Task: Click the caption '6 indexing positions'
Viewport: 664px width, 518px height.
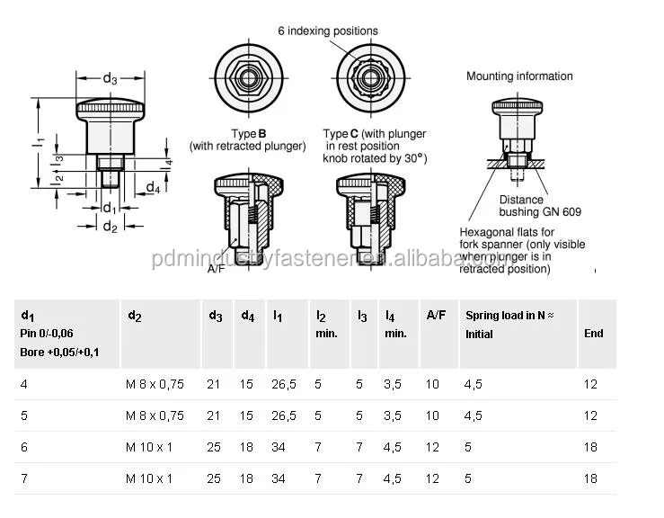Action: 327,31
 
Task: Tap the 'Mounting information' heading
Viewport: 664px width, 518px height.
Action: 519,76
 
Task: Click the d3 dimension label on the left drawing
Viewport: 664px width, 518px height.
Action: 110,79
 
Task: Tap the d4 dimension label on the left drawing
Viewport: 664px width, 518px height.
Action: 153,188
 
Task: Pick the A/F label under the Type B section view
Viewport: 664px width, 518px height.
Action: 216,268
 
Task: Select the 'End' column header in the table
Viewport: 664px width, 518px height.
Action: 593,333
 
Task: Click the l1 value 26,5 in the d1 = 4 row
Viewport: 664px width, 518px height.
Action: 284,384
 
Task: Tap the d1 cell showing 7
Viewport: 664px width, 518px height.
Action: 23,478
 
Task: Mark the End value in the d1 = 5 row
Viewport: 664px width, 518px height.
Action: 590,415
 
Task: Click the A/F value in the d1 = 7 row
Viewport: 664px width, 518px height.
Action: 433,478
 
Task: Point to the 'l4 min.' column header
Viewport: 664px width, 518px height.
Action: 395,324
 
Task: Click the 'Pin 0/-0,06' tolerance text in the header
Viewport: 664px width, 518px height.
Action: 47,334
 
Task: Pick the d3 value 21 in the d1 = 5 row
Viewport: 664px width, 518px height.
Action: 215,415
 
